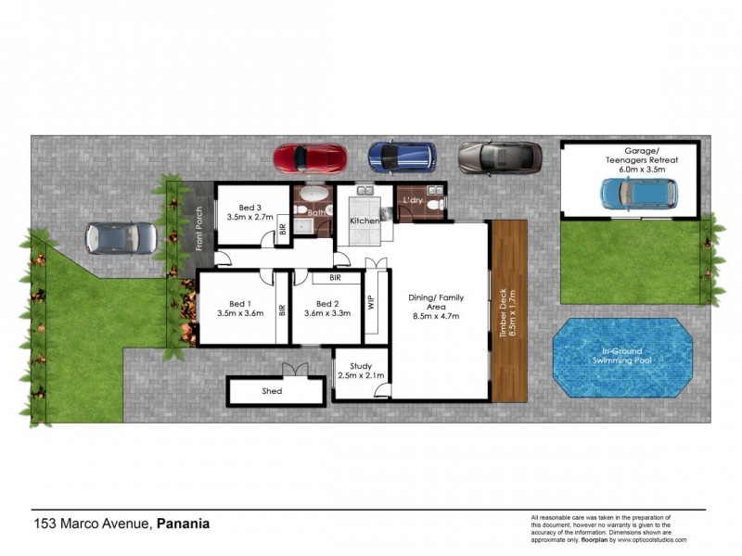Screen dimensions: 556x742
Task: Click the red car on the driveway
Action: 309,157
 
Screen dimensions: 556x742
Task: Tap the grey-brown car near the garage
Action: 499,157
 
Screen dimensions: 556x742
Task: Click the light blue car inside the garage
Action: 637,193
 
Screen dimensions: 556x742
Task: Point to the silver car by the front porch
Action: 122,237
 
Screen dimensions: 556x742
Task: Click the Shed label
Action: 272,391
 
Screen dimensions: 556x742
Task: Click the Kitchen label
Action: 364,222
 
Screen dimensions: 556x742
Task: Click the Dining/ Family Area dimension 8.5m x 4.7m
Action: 436,316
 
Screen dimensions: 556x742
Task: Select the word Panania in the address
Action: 183,523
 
